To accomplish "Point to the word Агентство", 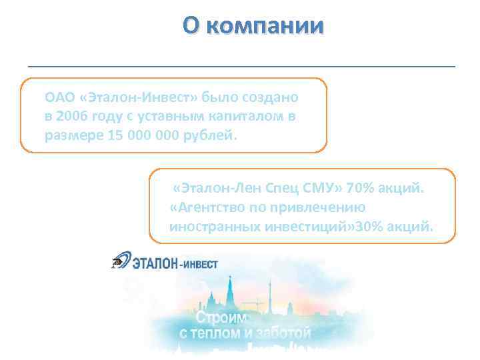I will (209, 207).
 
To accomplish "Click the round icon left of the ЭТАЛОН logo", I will (120, 263).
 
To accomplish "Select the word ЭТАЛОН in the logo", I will (155, 263).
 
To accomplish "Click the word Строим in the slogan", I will (219, 314).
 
